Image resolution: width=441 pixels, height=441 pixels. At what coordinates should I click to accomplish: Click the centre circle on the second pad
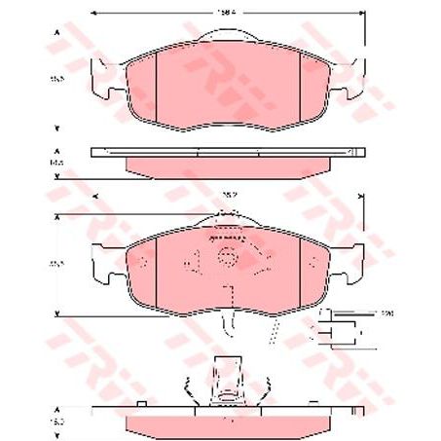pos(227,259)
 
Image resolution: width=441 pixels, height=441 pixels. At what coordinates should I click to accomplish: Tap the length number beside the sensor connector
pos(386,314)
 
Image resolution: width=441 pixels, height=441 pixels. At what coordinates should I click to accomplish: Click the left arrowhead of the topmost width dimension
pos(93,14)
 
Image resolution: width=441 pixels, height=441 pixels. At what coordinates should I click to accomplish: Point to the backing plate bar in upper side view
pos(226,152)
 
